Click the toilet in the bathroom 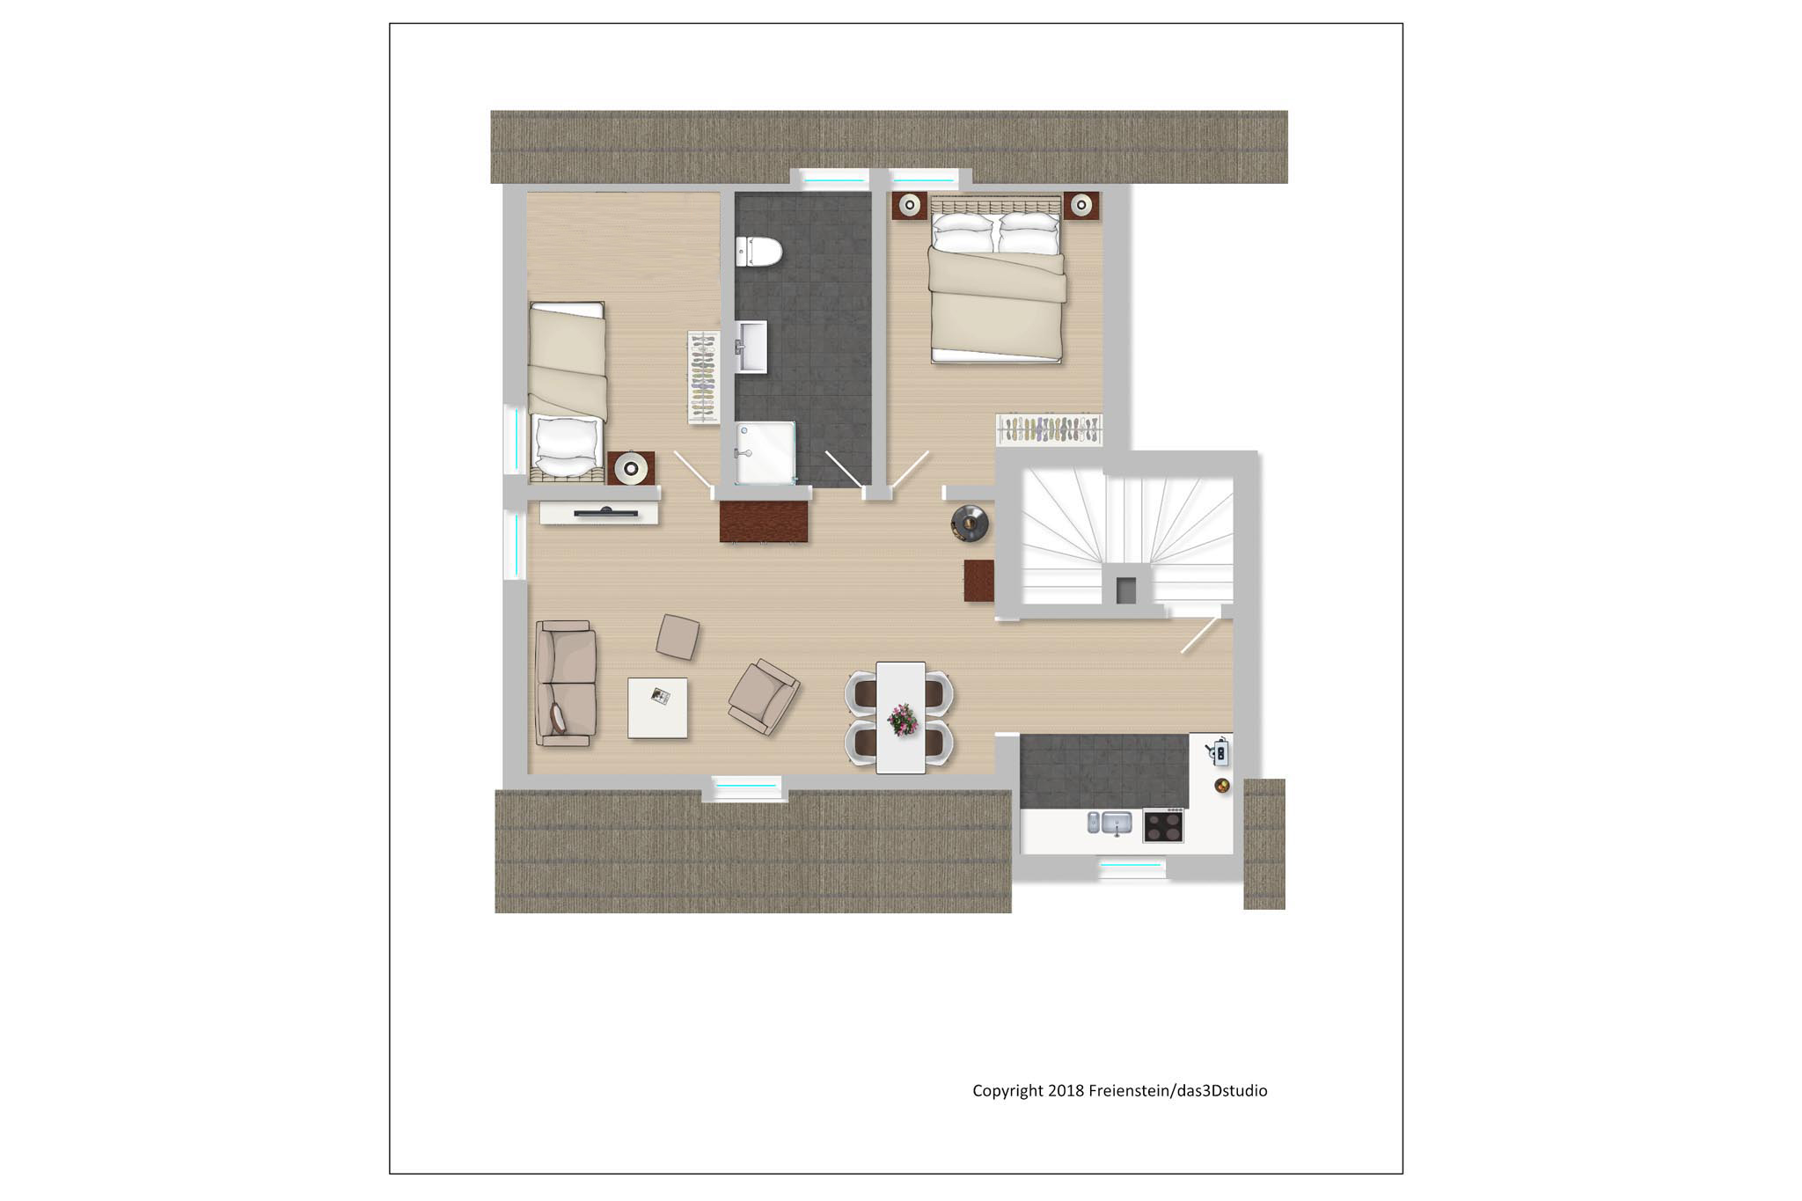[x=758, y=252]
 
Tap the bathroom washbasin [x=751, y=347]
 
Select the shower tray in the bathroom [x=765, y=452]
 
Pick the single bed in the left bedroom [x=568, y=392]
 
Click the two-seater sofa [x=566, y=684]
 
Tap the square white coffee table [x=657, y=707]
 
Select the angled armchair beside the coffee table [x=764, y=697]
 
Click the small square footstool [x=678, y=636]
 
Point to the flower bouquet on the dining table [x=902, y=719]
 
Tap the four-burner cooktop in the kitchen [x=1163, y=825]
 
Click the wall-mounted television [x=606, y=511]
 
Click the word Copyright [x=1007, y=1091]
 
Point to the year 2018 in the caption [x=1066, y=1091]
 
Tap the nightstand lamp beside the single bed [x=631, y=467]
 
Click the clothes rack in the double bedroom [x=1050, y=429]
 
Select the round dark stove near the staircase [x=970, y=524]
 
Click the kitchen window [x=1132, y=866]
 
